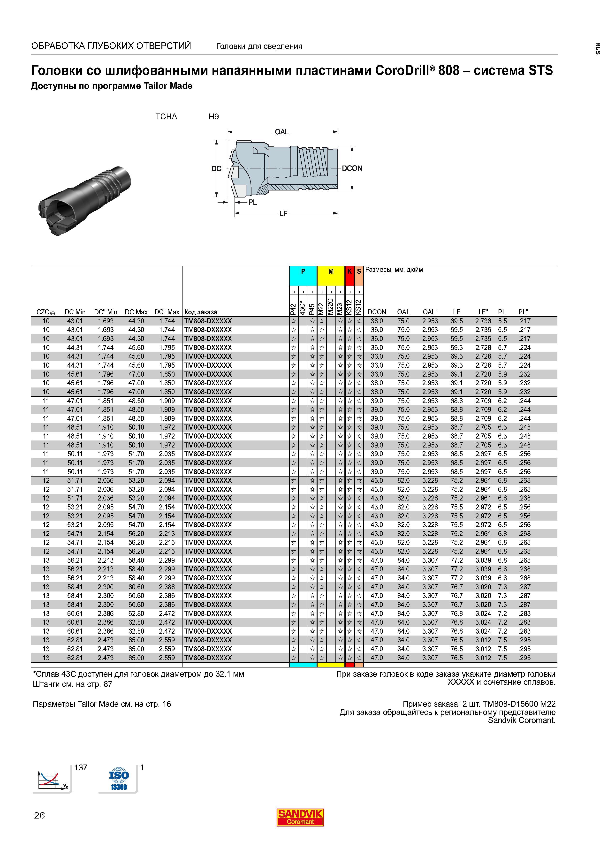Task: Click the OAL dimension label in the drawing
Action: tap(282, 132)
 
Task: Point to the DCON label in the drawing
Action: tap(352, 168)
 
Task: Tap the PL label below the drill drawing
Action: tap(253, 202)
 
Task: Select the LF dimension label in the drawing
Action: tap(283, 213)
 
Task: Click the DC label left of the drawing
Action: tap(216, 169)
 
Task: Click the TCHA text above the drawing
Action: tap(166, 117)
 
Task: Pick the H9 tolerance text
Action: tap(214, 117)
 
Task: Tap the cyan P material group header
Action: tap(303, 275)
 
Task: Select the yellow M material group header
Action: tap(331, 275)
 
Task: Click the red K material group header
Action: tap(349, 275)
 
